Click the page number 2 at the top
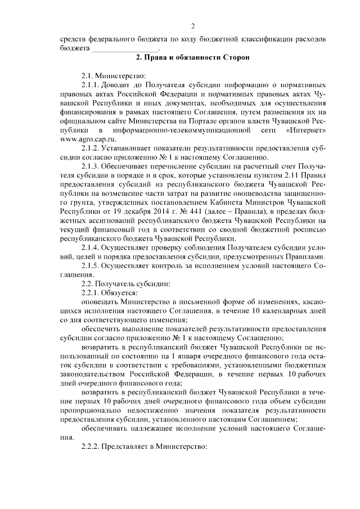pyautogui.click(x=192, y=26)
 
